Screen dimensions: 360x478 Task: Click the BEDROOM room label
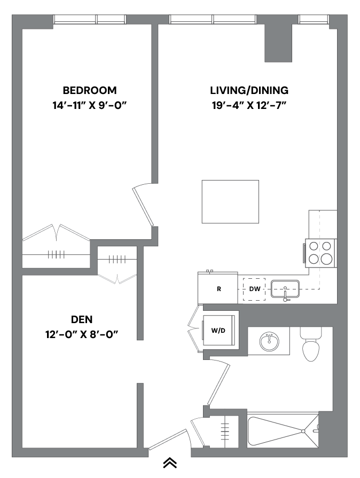coord(90,90)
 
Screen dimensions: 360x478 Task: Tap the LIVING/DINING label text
coord(249,90)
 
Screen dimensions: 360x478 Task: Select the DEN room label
coord(82,320)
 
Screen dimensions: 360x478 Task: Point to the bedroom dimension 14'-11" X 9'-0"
coord(90,105)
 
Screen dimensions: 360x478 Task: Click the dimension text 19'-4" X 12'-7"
coord(249,105)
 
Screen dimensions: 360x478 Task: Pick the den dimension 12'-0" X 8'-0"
coord(82,335)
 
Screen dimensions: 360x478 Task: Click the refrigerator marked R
coord(218,289)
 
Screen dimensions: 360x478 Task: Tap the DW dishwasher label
coord(255,289)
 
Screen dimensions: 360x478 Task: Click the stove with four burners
coord(320,252)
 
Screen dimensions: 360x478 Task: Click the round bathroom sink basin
coord(269,341)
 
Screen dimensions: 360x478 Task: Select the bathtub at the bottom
coord(283,430)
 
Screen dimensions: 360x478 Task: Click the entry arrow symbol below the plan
coord(170,463)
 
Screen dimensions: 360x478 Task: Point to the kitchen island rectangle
coord(230,202)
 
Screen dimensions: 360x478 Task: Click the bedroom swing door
coord(143,206)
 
